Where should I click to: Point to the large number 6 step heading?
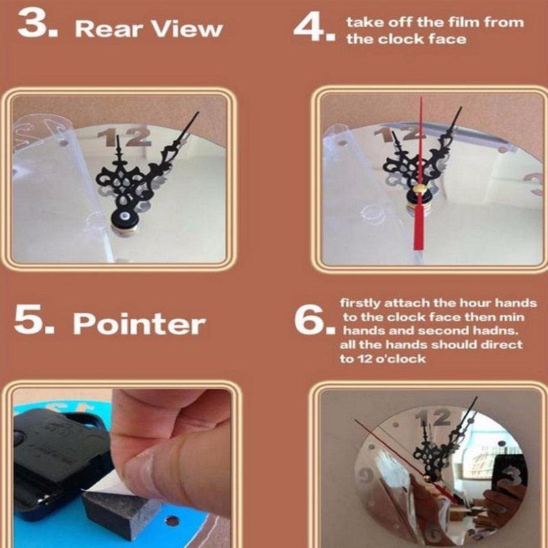click(309, 319)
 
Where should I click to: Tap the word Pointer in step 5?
click(139, 323)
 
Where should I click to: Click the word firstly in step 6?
click(360, 303)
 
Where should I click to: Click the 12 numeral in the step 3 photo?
click(125, 137)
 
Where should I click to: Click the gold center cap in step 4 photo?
click(419, 190)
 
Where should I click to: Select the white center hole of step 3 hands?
click(125, 215)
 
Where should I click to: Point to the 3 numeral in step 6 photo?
click(511, 474)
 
